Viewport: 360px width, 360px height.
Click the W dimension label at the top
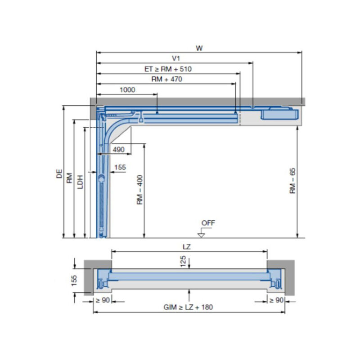coord(199,48)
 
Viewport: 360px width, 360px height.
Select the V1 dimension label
coord(176,58)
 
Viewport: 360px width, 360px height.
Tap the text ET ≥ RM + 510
coord(171,69)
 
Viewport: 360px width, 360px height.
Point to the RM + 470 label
coord(167,79)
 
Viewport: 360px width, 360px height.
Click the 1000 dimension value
coord(127,90)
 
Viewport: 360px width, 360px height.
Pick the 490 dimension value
coord(118,149)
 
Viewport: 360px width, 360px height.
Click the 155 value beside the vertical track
coord(120,168)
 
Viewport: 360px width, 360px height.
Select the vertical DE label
coord(59,173)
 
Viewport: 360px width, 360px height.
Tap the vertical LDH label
coord(79,182)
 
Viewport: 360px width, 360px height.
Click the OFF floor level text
coord(208,223)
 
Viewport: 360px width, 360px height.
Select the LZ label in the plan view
coord(189,247)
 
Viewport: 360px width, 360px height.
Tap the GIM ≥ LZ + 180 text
coord(189,307)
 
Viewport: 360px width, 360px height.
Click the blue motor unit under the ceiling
coord(279,113)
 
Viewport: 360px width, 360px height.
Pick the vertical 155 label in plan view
coord(75,280)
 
